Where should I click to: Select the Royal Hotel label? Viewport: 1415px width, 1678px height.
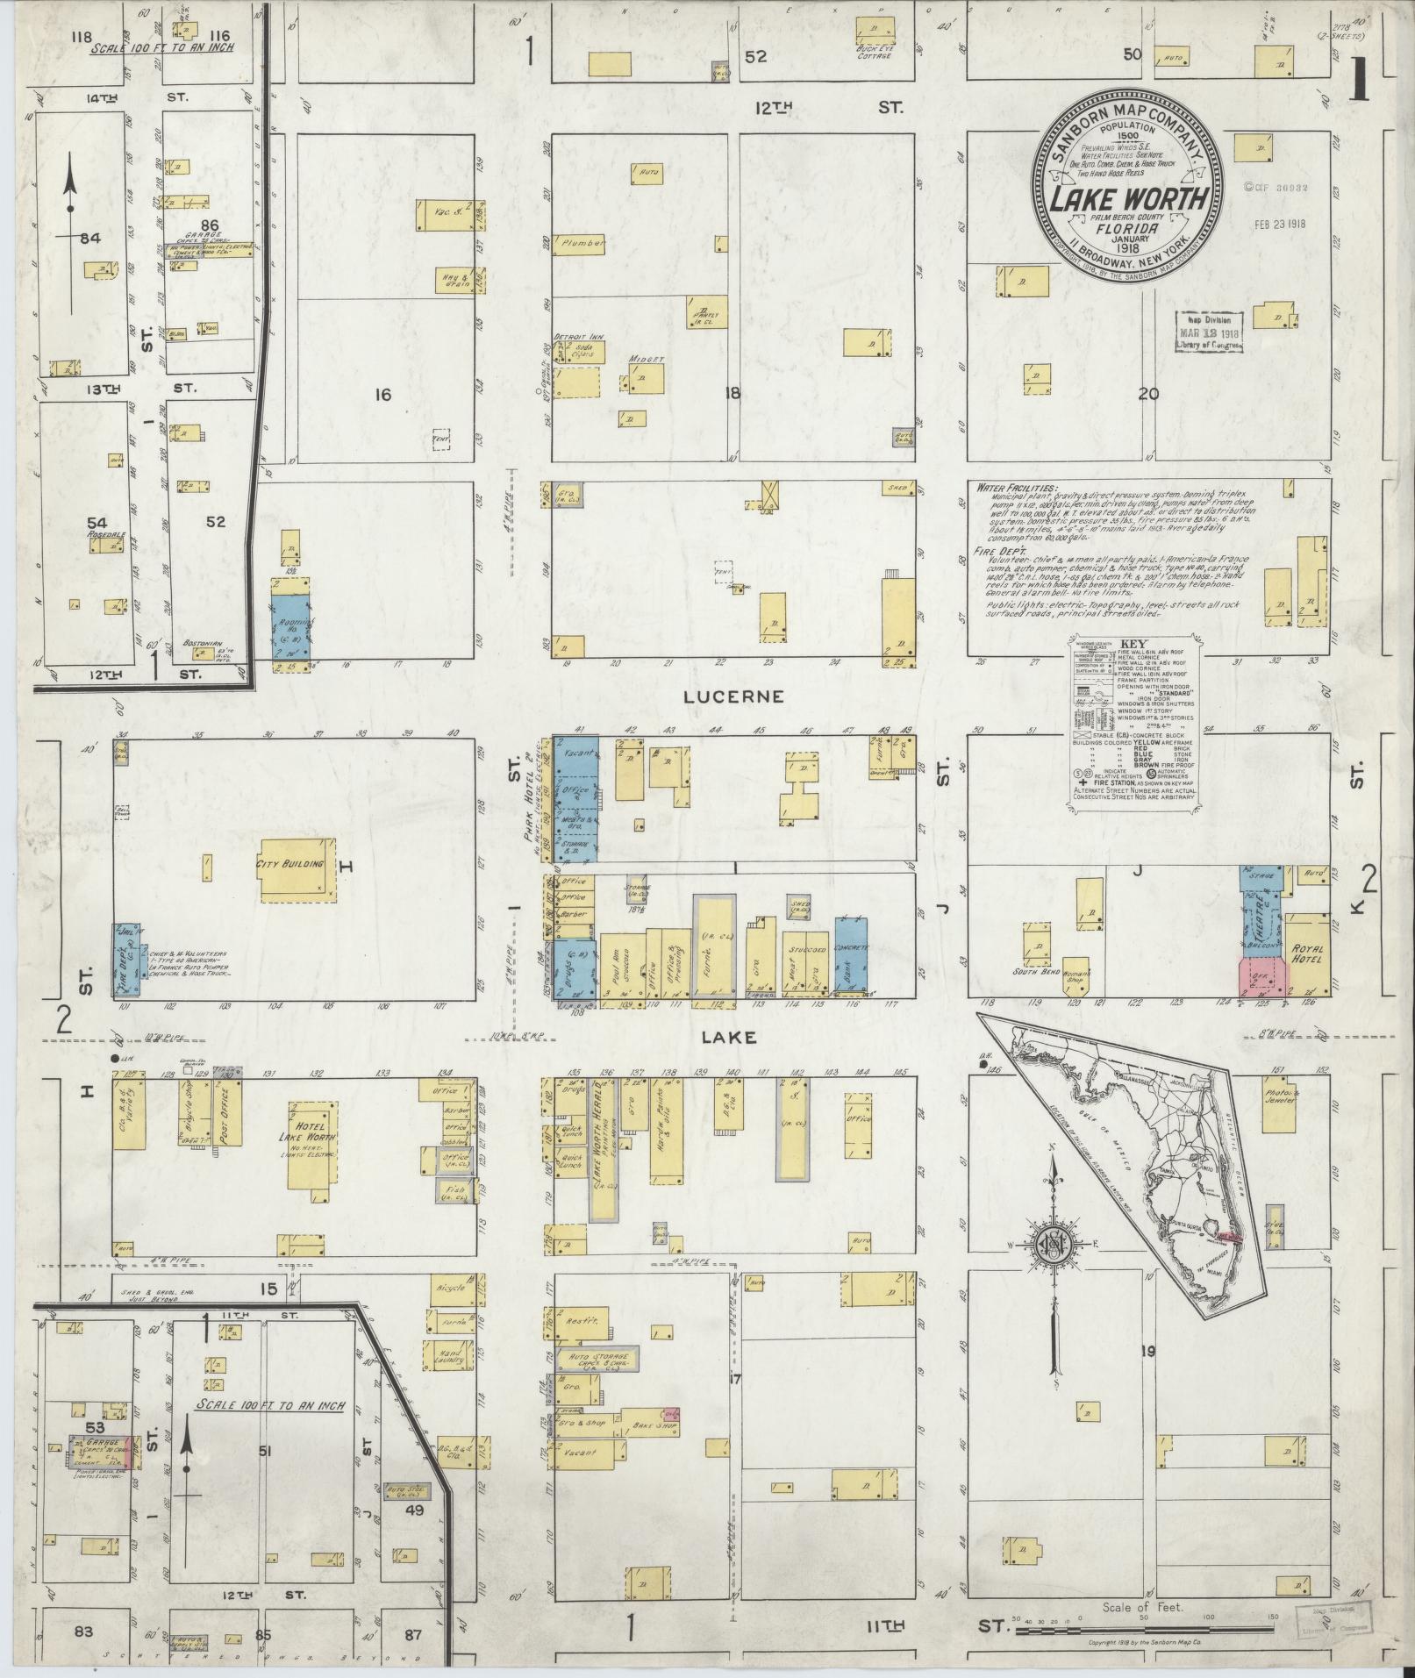coord(1307,954)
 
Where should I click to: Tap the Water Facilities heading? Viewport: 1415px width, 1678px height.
coord(1014,488)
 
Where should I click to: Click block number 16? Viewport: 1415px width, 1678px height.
coord(382,395)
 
